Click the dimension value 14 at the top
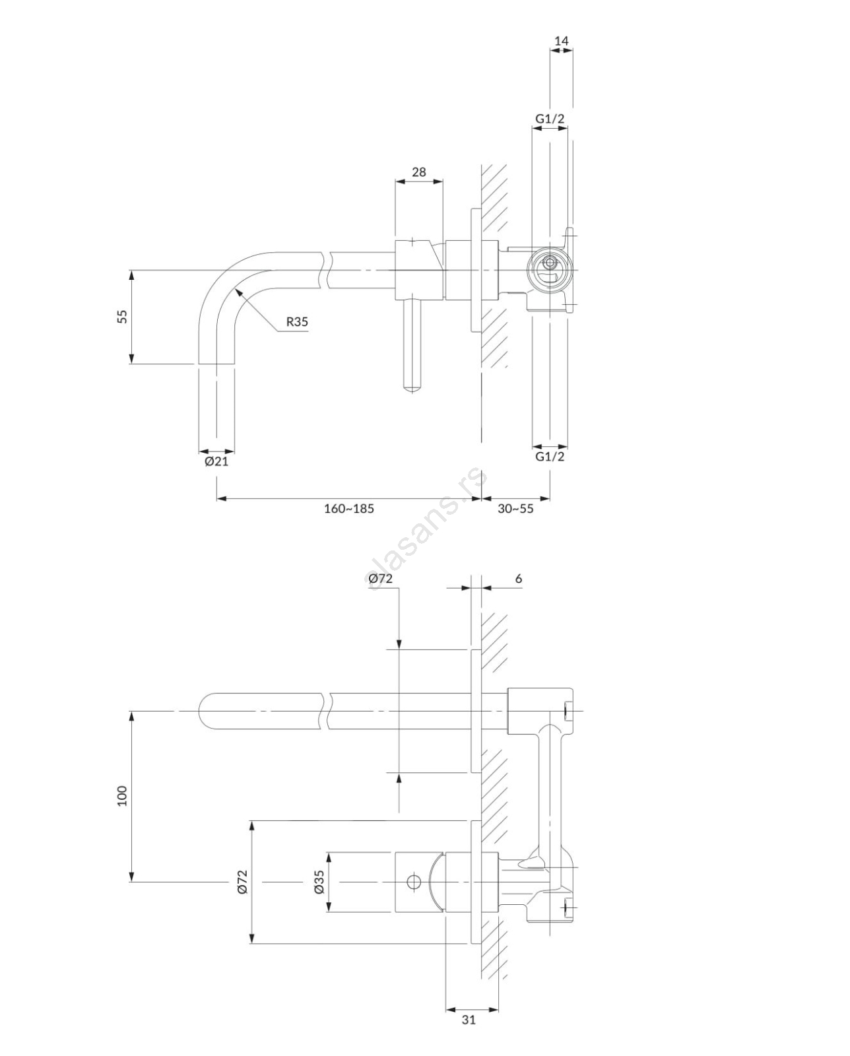pyautogui.click(x=562, y=41)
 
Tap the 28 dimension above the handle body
pyautogui.click(x=418, y=172)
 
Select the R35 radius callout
pyautogui.click(x=298, y=322)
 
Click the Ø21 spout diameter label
pyautogui.click(x=216, y=462)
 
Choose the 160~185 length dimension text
pyautogui.click(x=349, y=509)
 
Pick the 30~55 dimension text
pyautogui.click(x=515, y=509)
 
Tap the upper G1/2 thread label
pyautogui.click(x=550, y=119)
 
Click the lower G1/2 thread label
pyautogui.click(x=550, y=457)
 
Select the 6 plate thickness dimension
pyautogui.click(x=519, y=579)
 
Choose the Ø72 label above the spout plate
pyautogui.click(x=380, y=579)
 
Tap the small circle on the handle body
pyautogui.click(x=414, y=882)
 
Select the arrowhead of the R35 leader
pyautogui.click(x=238, y=292)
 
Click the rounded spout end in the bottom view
pyautogui.click(x=205, y=711)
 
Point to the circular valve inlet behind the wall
pyautogui.click(x=550, y=271)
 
